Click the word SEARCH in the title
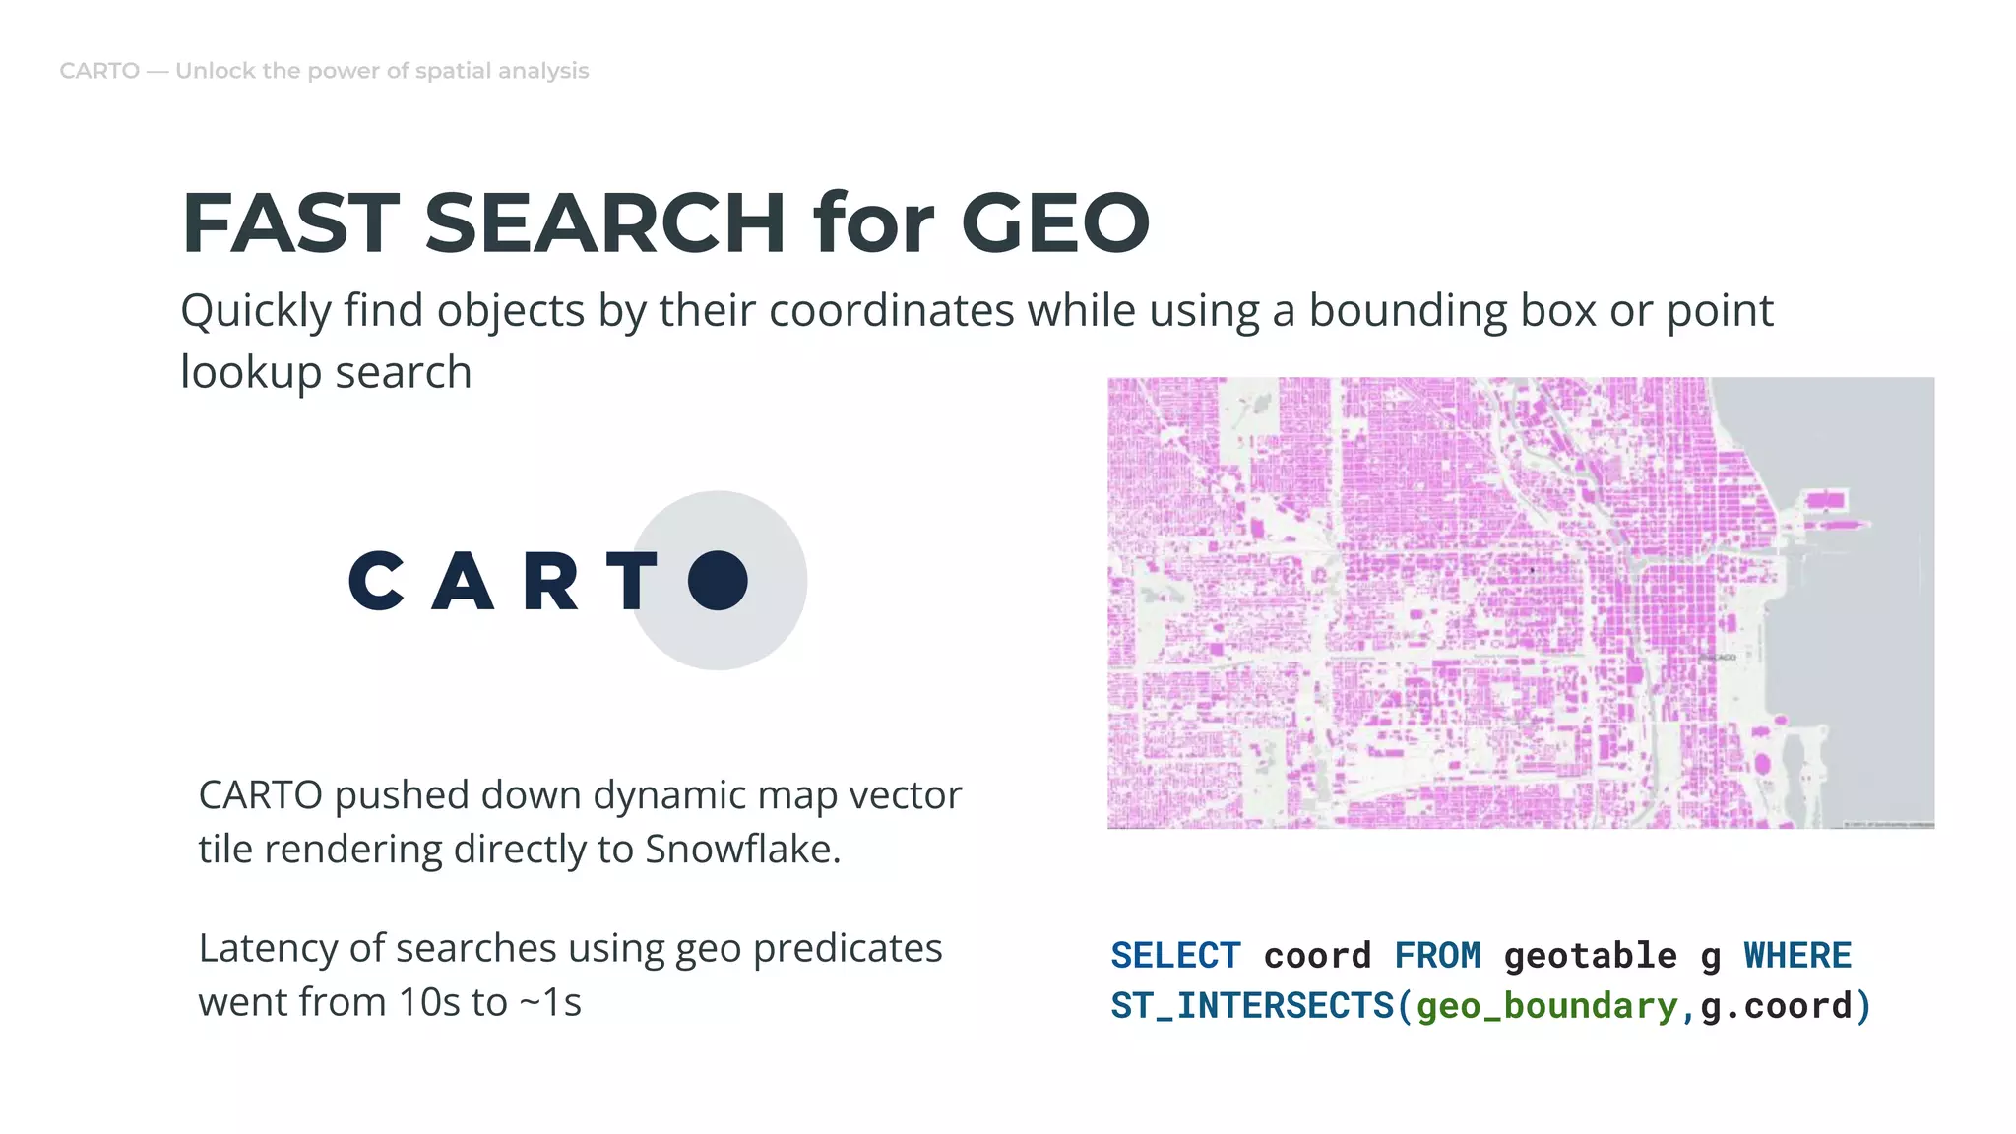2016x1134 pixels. point(604,222)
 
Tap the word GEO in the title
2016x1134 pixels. point(1054,222)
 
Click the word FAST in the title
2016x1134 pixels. point(290,222)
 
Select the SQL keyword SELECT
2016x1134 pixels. point(1175,955)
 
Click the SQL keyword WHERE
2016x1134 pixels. point(1797,955)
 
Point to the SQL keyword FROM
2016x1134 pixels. point(1437,955)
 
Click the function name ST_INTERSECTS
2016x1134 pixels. point(1252,1006)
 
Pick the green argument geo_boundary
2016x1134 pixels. point(1546,1006)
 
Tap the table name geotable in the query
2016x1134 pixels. point(1590,955)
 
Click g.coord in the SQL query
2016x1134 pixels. point(1776,1006)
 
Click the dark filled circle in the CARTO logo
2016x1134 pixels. point(718,581)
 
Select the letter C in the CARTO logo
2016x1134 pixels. point(376,581)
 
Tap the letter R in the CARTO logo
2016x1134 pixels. point(550,581)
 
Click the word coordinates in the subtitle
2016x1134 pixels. point(893,311)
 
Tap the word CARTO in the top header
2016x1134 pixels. point(99,71)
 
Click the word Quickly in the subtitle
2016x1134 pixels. point(256,311)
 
